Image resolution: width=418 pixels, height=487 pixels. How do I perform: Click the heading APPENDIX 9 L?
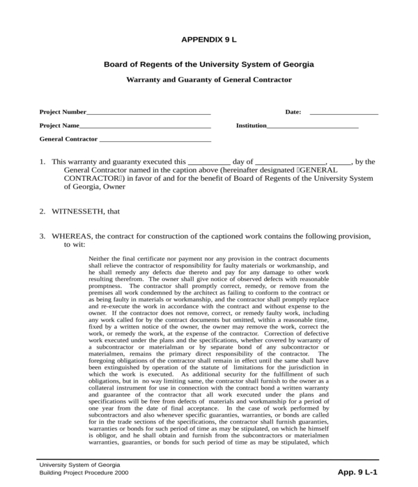click(x=208, y=40)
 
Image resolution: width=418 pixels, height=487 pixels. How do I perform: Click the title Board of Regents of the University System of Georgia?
click(x=208, y=64)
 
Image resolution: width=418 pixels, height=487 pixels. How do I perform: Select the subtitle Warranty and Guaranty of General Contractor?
click(x=208, y=80)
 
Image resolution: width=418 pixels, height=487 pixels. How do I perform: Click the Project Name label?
click(x=59, y=126)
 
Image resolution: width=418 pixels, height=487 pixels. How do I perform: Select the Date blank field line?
click(x=343, y=113)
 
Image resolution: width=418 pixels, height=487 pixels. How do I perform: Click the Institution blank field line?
click(x=313, y=127)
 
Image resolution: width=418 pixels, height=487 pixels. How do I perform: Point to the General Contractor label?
click(x=68, y=139)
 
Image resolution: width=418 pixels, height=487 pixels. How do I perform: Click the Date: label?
click(x=293, y=112)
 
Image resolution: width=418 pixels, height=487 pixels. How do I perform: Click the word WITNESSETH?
click(x=78, y=211)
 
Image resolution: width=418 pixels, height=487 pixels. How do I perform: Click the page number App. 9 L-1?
click(x=357, y=472)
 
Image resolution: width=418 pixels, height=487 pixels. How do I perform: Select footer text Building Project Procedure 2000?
click(x=84, y=473)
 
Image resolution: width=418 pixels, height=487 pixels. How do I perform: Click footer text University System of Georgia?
click(x=79, y=464)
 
